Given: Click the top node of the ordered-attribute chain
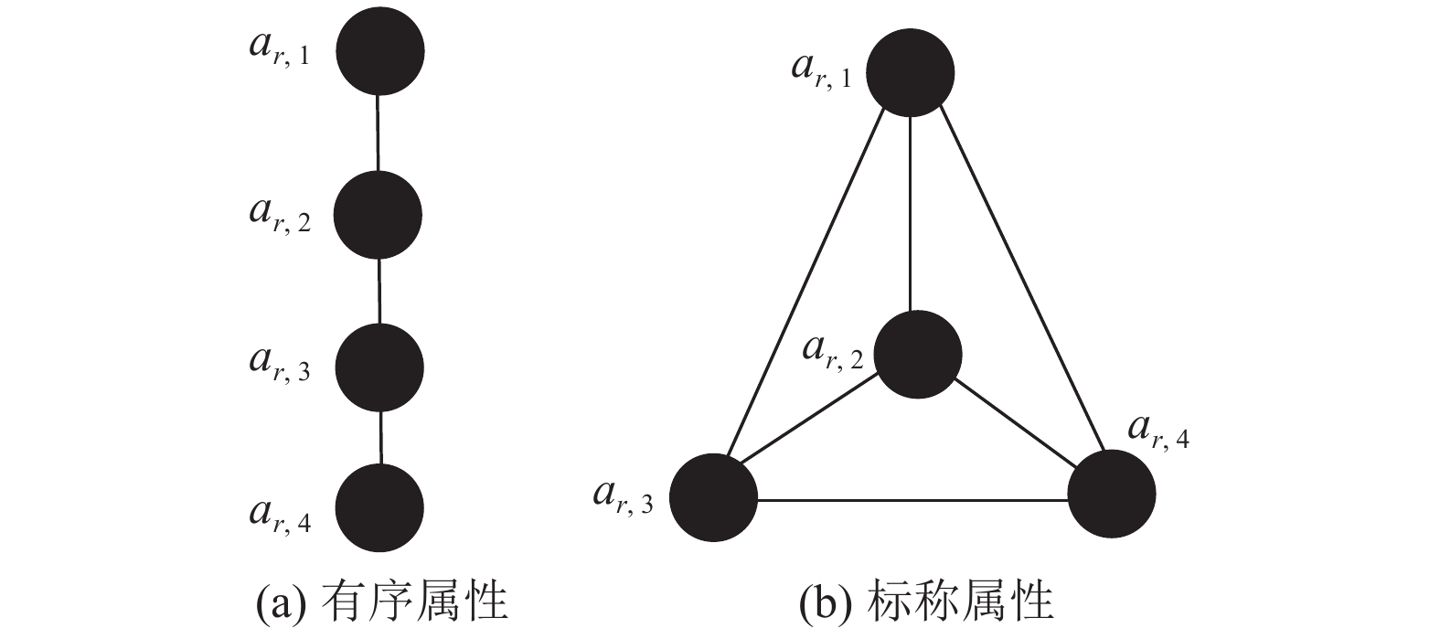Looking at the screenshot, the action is coord(379,51).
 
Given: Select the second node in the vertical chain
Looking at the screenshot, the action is coord(378,216).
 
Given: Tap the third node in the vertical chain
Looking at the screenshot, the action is coord(379,367).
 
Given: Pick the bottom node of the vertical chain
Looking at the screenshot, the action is coord(379,508).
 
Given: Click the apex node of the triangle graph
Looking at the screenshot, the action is coord(910,73).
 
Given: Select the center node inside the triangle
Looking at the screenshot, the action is coord(917,355).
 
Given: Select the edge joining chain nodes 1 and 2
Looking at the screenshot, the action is coord(379,133).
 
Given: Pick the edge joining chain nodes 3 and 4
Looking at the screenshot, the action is coord(380,438).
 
